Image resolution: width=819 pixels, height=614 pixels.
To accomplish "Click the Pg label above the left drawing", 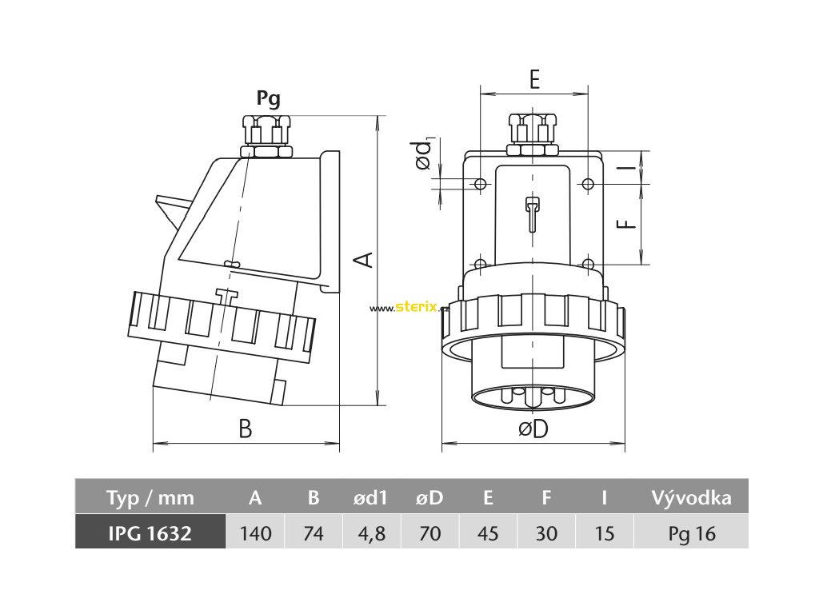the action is coord(268,99).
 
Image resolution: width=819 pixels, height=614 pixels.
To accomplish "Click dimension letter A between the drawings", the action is coord(363,258).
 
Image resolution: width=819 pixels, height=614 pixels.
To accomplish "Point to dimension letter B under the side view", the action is coord(246,429).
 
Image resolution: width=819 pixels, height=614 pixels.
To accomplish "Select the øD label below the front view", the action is coord(533,429).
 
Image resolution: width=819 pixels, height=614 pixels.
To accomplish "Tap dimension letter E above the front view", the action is coord(534,78).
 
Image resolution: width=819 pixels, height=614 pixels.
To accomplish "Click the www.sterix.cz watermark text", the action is coord(409,308).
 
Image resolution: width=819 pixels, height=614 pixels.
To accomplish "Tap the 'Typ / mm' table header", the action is coord(150,498).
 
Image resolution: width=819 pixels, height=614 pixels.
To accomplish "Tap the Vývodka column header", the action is coord(692,498).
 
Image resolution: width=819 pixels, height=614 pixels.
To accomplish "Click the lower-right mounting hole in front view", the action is coord(588,264).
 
